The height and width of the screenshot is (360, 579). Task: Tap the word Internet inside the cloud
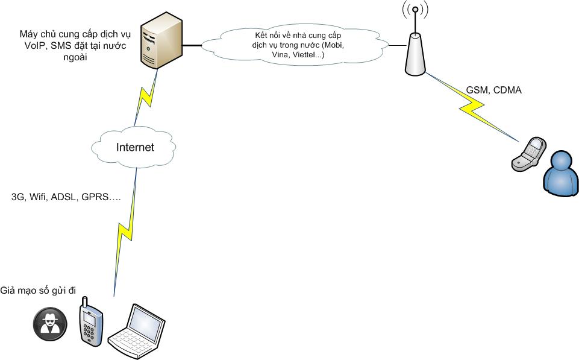[135, 147]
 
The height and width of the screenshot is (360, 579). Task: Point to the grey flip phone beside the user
[529, 154]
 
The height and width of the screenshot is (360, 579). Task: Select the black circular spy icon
[49, 323]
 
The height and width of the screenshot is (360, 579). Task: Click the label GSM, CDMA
[493, 90]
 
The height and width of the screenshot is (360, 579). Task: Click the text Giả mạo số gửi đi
[39, 290]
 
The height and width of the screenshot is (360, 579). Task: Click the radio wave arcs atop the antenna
[415, 11]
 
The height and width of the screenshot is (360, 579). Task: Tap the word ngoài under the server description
[72, 58]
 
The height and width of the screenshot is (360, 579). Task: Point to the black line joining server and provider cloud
[192, 45]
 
